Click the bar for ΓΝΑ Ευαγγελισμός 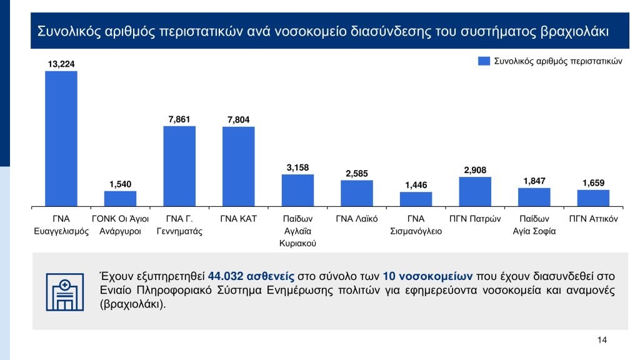61,138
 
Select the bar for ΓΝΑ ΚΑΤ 238,166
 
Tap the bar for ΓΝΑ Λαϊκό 357,193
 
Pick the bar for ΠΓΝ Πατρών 475,191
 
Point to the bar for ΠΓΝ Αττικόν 593,197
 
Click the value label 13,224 61,64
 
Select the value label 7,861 179,119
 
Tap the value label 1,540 120,184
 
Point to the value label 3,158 297,167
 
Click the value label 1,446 416,185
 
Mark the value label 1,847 534,181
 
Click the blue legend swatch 484,61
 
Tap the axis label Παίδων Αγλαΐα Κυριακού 297,231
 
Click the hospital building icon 65,291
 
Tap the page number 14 602,340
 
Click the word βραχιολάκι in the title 573,31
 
